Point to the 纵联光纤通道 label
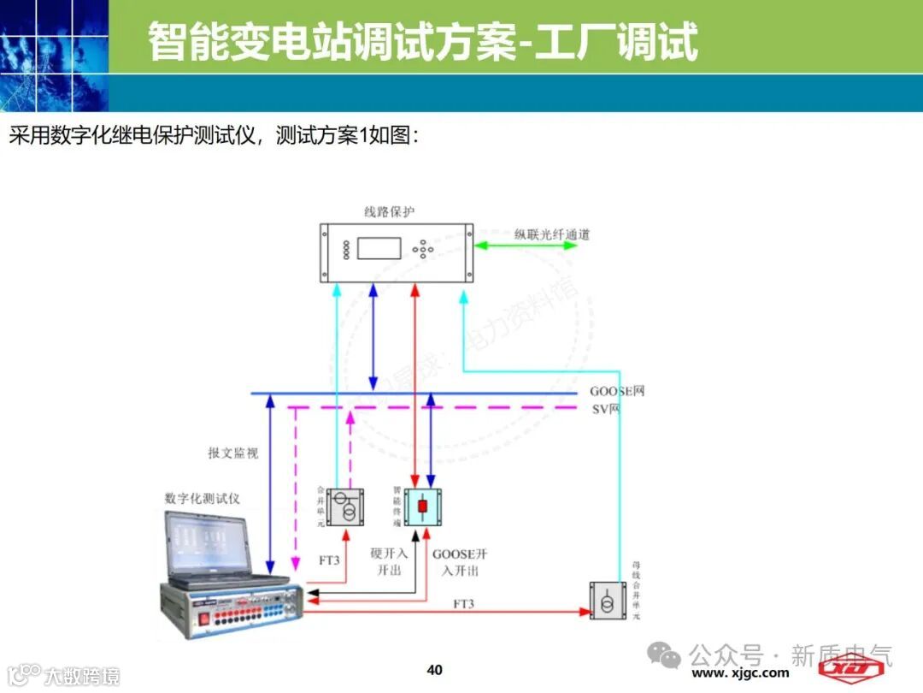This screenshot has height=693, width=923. tap(551, 234)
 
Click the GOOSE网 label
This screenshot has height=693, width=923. tap(617, 391)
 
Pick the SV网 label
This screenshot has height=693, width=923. tap(606, 409)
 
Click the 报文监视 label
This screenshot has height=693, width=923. tap(232, 453)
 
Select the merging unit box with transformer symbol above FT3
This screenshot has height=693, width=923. tap(345, 506)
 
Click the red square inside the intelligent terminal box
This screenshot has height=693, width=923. tap(422, 506)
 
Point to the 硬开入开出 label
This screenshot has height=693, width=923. tap(389, 561)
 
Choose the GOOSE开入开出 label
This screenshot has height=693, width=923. tap(460, 562)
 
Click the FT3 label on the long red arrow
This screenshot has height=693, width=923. tap(463, 604)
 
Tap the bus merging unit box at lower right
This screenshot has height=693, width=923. tap(608, 601)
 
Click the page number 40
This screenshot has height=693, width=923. tap(434, 669)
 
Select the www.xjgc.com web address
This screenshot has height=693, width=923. tap(740, 672)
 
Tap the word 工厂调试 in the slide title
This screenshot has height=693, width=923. tap(616, 42)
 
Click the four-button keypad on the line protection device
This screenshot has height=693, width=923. tap(423, 250)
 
